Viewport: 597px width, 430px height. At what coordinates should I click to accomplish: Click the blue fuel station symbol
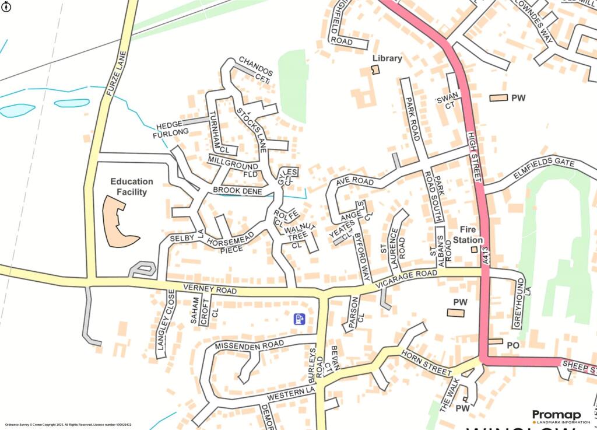pyautogui.click(x=299, y=319)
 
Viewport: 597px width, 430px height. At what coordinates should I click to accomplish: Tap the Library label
pyautogui.click(x=388, y=58)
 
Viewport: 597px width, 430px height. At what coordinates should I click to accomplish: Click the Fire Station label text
pyautogui.click(x=469, y=235)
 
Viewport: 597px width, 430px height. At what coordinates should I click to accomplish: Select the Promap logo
pyautogui.click(x=556, y=417)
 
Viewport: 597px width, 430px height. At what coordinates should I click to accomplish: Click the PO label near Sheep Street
pyautogui.click(x=512, y=345)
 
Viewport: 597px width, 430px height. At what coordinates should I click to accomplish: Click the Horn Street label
pyautogui.click(x=426, y=363)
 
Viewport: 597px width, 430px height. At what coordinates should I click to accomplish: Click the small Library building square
pyautogui.click(x=376, y=70)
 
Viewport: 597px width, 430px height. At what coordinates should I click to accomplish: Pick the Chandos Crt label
pyautogui.click(x=256, y=69)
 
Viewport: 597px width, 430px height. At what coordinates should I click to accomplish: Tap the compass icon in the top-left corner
pyautogui.click(x=6, y=6)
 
